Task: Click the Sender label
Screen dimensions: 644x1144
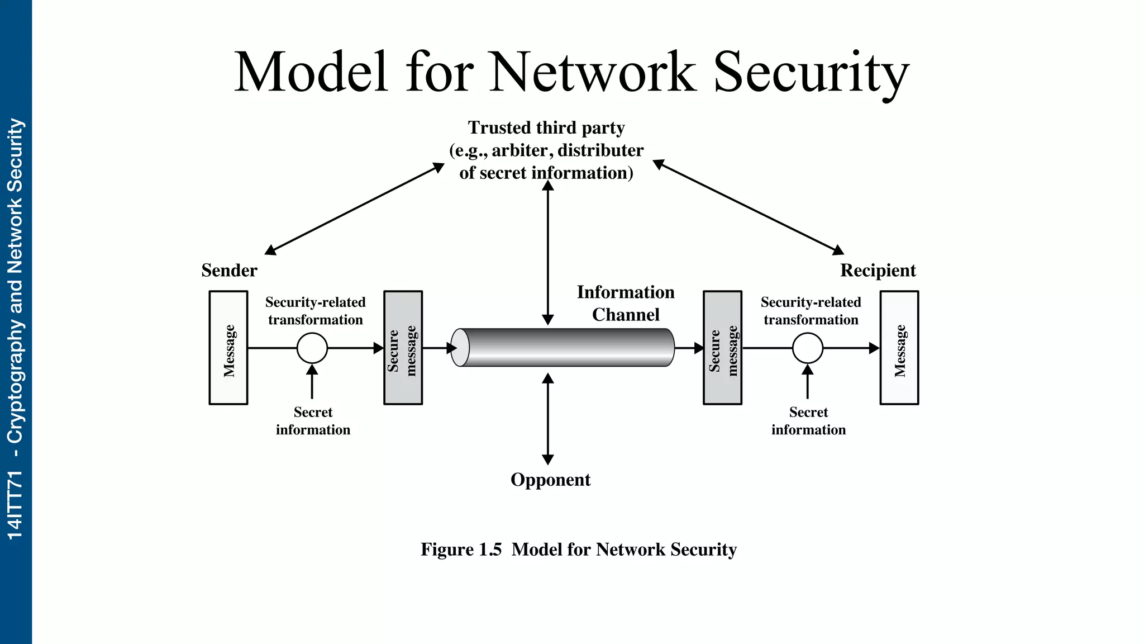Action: [229, 271]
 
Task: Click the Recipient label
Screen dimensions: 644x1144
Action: [878, 271]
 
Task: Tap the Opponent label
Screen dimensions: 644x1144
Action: [550, 480]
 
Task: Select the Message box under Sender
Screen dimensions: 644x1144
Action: [228, 348]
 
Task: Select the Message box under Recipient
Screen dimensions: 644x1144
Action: [899, 348]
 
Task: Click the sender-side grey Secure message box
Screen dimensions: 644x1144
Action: [403, 348]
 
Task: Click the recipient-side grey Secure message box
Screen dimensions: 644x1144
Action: [722, 348]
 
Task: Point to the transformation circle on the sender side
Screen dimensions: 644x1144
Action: [312, 348]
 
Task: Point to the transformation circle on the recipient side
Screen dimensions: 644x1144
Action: [808, 348]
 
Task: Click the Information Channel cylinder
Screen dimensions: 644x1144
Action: [564, 348]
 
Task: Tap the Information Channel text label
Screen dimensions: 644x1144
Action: [626, 304]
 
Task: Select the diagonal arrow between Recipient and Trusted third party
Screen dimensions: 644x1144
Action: [749, 207]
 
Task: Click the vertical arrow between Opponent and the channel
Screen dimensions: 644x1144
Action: [548, 419]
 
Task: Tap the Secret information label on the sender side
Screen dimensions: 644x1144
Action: [313, 421]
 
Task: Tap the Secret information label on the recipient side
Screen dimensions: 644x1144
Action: [808, 421]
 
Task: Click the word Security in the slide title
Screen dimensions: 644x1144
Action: [811, 73]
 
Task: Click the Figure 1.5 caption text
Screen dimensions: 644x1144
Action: [579, 550]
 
